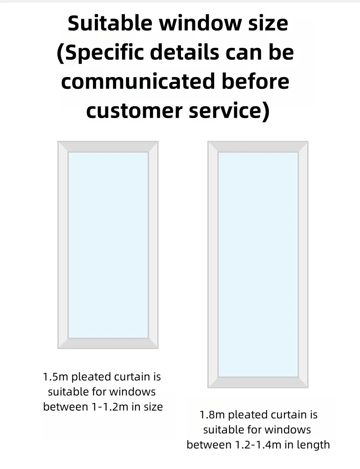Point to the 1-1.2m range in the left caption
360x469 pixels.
108,407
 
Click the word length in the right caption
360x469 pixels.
313,444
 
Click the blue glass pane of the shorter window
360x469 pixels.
108,245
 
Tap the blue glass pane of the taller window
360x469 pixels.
258,264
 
